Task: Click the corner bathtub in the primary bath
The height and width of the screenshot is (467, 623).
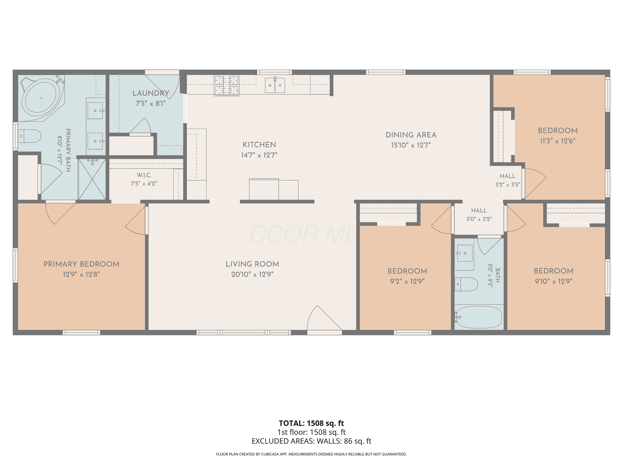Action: point(41,98)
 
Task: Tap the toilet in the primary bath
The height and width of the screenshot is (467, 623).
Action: point(30,136)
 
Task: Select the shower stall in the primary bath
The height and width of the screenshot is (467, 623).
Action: point(92,179)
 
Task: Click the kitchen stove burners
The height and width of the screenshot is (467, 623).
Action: point(227,85)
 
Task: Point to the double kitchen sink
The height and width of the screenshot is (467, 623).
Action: point(275,85)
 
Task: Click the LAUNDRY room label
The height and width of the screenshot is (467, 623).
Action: point(151,93)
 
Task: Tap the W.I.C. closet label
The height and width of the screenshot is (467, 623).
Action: point(144,175)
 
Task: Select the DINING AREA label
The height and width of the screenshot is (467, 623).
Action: point(411,135)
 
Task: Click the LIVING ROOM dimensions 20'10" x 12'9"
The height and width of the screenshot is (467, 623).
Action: point(252,274)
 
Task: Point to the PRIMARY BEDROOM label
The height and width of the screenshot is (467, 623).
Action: point(82,264)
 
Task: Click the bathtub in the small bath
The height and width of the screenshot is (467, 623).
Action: point(479,317)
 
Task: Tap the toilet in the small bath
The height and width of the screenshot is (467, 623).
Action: point(466,284)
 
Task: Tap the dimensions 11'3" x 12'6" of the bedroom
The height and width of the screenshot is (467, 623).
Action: point(558,141)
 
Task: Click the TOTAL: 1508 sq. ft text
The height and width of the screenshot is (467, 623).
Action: point(311,423)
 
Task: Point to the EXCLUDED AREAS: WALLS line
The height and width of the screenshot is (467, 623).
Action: point(311,441)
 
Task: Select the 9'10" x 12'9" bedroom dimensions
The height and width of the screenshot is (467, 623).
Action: point(554,281)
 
